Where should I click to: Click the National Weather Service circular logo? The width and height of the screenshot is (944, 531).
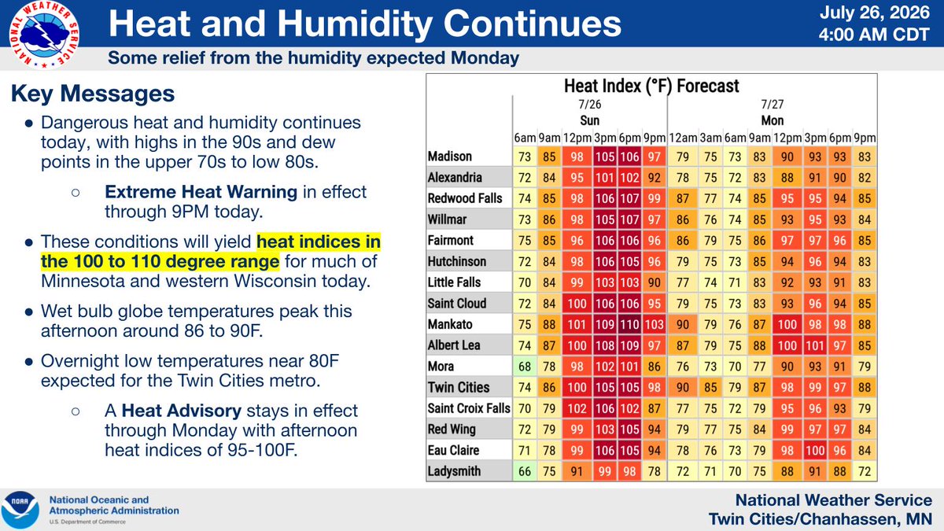[x=44, y=35]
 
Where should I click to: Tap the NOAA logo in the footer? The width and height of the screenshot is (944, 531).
[x=20, y=511]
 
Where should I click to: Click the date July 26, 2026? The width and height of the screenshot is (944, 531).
[x=875, y=13]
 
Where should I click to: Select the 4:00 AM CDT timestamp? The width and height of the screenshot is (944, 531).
[x=875, y=35]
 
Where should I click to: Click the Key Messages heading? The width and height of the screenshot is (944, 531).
[x=93, y=94]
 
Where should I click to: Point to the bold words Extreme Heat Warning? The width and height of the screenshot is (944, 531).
[x=201, y=192]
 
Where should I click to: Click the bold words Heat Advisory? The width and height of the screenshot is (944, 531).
[x=181, y=411]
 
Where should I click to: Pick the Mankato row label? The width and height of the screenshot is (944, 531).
[x=450, y=324]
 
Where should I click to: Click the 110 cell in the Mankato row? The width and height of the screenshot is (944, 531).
[x=629, y=324]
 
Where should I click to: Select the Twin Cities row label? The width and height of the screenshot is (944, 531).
[x=459, y=387]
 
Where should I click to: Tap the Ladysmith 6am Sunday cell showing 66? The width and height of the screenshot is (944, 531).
[x=525, y=471]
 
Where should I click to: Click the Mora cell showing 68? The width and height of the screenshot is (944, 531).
[x=525, y=367]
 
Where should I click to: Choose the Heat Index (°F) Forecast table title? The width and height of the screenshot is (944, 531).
[x=651, y=86]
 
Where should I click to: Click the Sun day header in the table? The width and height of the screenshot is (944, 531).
[x=589, y=120]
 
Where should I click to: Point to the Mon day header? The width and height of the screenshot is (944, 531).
[x=772, y=120]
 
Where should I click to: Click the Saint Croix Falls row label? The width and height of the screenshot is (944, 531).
[x=469, y=408]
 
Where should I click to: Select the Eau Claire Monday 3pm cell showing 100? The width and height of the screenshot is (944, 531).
[x=815, y=450]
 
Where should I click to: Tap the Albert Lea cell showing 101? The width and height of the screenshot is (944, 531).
[x=815, y=345]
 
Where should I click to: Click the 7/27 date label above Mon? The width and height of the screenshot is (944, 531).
[x=772, y=104]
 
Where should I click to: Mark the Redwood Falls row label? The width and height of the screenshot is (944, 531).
[x=465, y=198]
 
